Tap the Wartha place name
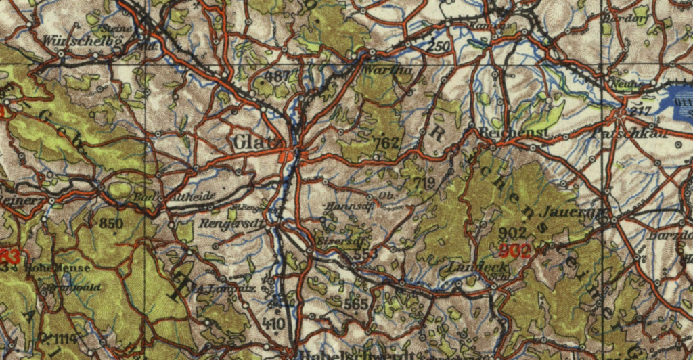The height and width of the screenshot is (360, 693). [x=380, y=70]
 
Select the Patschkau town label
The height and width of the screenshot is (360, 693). [x=630, y=134]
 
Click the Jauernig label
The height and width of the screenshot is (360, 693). [x=580, y=213]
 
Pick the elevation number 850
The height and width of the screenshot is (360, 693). [x=111, y=223]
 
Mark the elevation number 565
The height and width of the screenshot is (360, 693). [x=355, y=305]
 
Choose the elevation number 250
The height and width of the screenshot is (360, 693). [x=439, y=47]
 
